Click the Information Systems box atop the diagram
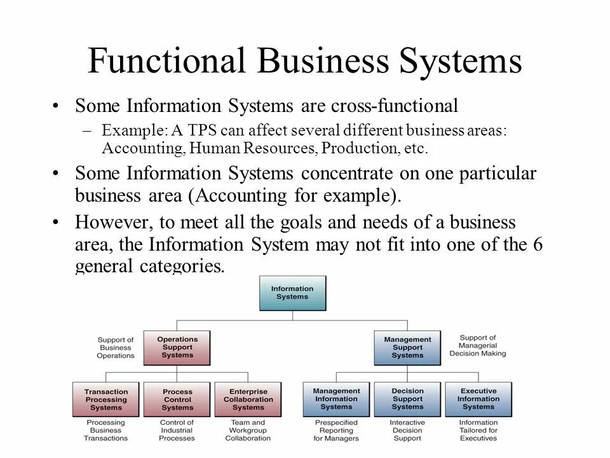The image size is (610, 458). tap(292, 293)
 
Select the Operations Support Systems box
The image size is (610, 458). tap(177, 347)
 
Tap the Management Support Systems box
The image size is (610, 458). tap(407, 347)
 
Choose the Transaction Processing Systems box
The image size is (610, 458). tap(105, 399)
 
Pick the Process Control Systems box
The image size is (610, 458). tap(177, 399)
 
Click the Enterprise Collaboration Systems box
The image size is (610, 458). tap(248, 399)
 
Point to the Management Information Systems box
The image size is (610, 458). tap(336, 399)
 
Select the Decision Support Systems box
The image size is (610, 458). tap(407, 399)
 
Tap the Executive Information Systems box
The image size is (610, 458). tap(478, 399)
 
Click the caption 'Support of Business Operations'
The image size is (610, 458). tap(116, 347)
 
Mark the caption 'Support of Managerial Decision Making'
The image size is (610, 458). tap(478, 345)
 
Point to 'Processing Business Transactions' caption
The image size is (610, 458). tap(105, 430)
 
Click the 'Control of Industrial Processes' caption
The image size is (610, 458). tap(177, 430)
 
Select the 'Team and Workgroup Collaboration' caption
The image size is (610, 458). tap(248, 430)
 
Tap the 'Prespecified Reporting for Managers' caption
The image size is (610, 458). tap(336, 430)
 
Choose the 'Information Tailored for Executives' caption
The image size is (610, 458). tap(478, 430)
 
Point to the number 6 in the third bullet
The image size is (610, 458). tap(538, 245)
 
